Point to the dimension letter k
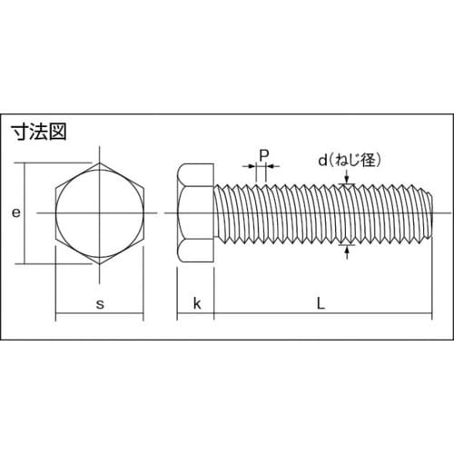coord(195,303)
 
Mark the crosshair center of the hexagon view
coord(99,213)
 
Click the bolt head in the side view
coord(195,213)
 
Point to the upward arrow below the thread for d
coord(346,247)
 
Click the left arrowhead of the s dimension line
coord(60,317)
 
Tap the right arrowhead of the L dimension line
coord(426,317)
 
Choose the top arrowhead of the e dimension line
coord(25,168)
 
